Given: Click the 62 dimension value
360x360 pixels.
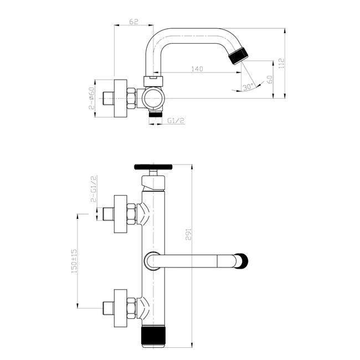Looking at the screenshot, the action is tap(133, 22).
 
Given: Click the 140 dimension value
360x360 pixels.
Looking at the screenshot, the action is tap(197, 69).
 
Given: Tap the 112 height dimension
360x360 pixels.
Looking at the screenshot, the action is tap(281, 63).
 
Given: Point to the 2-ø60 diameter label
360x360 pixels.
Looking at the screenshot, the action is tap(91, 98).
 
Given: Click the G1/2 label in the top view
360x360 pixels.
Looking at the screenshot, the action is tap(176, 121).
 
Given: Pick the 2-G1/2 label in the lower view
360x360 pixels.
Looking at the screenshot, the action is tap(94, 189).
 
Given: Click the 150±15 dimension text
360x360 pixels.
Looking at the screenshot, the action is tap(74, 261).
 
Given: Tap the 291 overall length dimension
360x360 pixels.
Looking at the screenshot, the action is tap(188, 234).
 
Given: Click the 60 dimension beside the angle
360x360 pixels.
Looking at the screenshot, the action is tap(270, 79).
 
